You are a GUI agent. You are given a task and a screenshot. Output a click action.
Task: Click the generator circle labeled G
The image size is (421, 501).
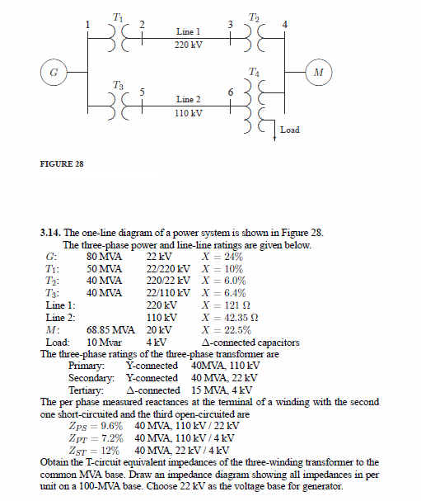pyautogui.click(x=53, y=73)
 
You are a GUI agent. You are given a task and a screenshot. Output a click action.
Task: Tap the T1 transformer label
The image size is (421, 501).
pyautogui.click(x=117, y=16)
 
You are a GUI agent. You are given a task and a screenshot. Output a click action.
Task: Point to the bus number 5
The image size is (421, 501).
pyautogui.click(x=143, y=92)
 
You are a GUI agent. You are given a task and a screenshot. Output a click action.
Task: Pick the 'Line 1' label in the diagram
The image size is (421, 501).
pyautogui.click(x=189, y=31)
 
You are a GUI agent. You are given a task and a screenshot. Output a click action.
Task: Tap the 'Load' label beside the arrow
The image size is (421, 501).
pyautogui.click(x=290, y=130)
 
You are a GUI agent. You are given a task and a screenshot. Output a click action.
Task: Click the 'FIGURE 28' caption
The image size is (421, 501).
pyautogui.click(x=62, y=164)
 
